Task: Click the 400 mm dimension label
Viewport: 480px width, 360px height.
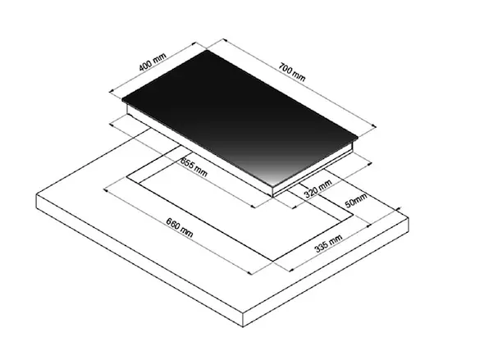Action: coord(153,62)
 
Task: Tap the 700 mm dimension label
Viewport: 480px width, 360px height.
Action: coord(292,72)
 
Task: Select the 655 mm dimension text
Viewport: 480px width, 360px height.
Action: coord(194,167)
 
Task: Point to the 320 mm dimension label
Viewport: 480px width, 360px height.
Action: coord(318,189)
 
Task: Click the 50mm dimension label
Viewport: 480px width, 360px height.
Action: coord(356,200)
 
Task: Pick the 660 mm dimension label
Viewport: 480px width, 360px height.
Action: coord(180,227)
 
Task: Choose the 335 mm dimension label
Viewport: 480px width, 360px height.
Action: coord(328,244)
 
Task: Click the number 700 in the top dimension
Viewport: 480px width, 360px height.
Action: coord(286,69)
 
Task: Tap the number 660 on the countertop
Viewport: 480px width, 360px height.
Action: coord(173,224)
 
